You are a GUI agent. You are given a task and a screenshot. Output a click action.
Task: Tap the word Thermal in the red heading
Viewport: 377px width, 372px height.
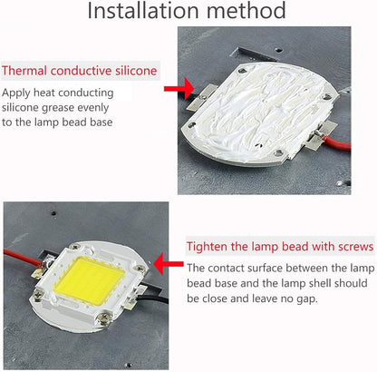[26, 71]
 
